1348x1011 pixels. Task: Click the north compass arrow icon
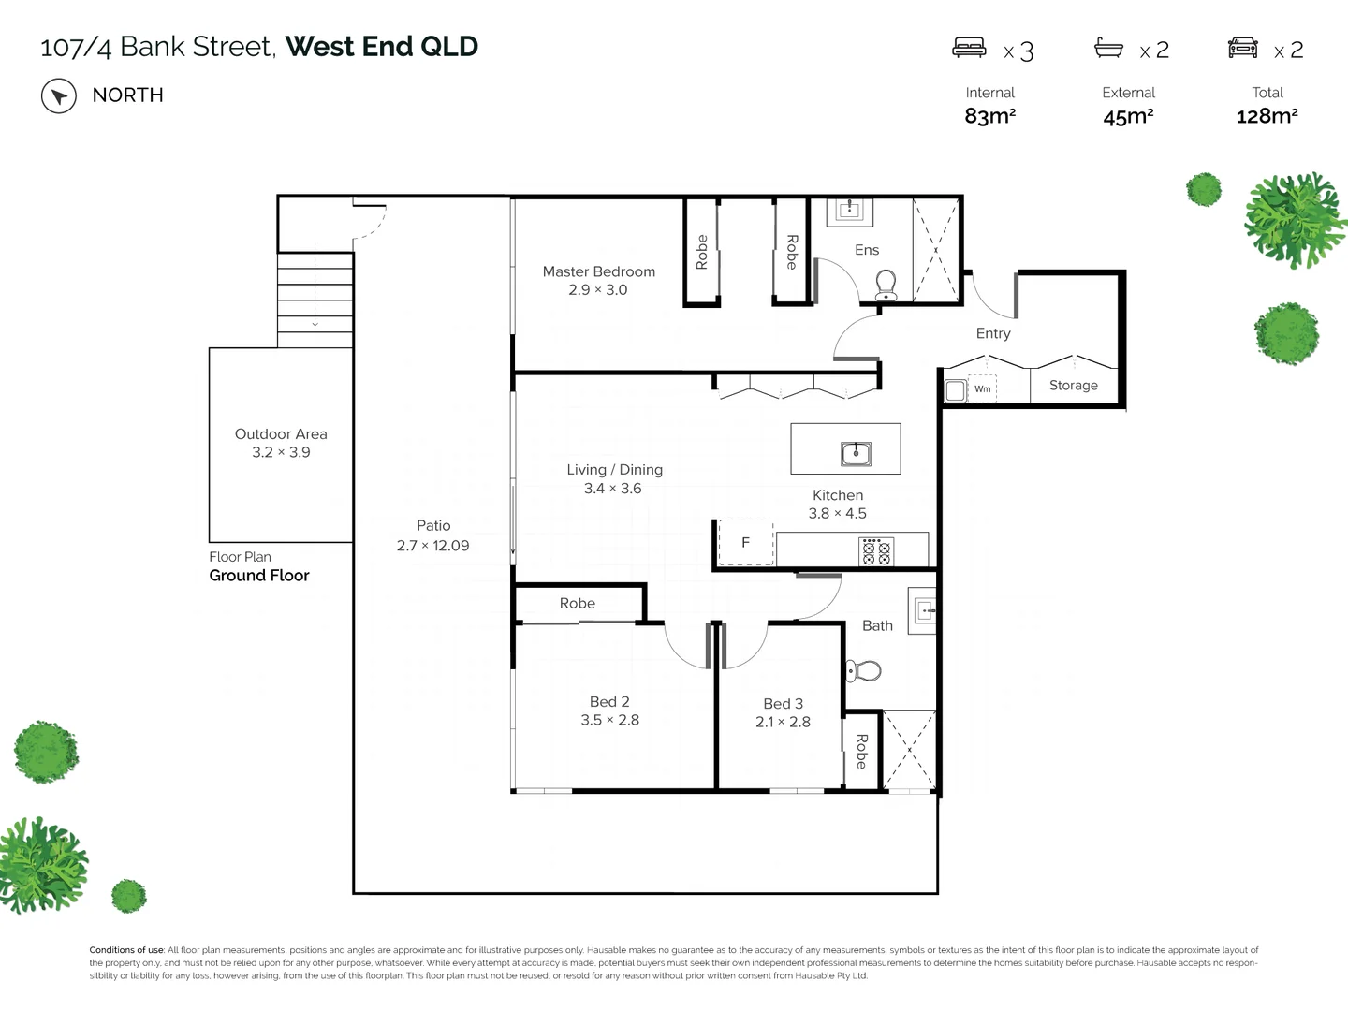[58, 95]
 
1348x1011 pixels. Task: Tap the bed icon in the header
[969, 48]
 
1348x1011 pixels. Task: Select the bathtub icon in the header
[1108, 48]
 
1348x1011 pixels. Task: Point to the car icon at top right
[1242, 48]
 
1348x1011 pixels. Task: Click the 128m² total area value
[1267, 116]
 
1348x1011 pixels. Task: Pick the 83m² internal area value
[989, 116]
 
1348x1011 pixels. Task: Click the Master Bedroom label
[598, 271]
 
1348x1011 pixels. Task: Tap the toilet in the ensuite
[886, 285]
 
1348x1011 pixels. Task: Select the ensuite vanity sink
[850, 209]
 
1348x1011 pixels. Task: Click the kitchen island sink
[856, 454]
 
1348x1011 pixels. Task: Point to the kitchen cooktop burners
[876, 551]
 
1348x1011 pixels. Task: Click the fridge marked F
[745, 543]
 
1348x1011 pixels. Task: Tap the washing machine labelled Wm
[982, 389]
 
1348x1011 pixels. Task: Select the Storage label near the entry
[1073, 386]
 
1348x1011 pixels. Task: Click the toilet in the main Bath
[865, 670]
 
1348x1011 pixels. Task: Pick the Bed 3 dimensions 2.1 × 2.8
[783, 722]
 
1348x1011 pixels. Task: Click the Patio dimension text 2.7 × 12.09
[432, 546]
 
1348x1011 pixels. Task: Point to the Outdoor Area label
[281, 434]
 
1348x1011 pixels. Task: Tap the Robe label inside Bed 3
[861, 751]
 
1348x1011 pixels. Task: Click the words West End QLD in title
[381, 46]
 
